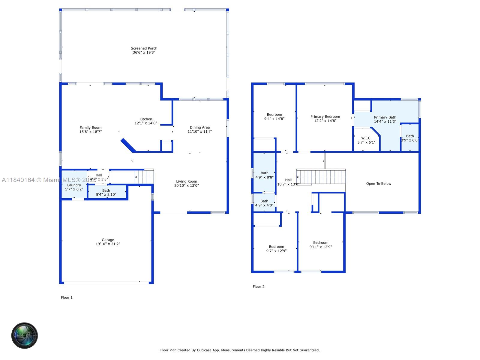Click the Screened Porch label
click(x=144, y=48)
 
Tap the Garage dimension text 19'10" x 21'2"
click(x=108, y=244)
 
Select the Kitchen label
click(x=146, y=119)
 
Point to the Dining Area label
click(x=200, y=127)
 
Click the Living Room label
click(x=187, y=181)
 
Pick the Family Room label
click(x=91, y=128)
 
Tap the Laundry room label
click(x=74, y=185)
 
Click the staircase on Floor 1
click(x=145, y=177)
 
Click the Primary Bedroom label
click(x=325, y=117)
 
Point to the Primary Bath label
click(x=385, y=117)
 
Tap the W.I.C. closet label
click(x=366, y=138)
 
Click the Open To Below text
click(x=379, y=184)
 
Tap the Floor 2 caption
click(x=259, y=286)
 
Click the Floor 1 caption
click(x=67, y=298)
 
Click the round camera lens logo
click(x=25, y=335)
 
